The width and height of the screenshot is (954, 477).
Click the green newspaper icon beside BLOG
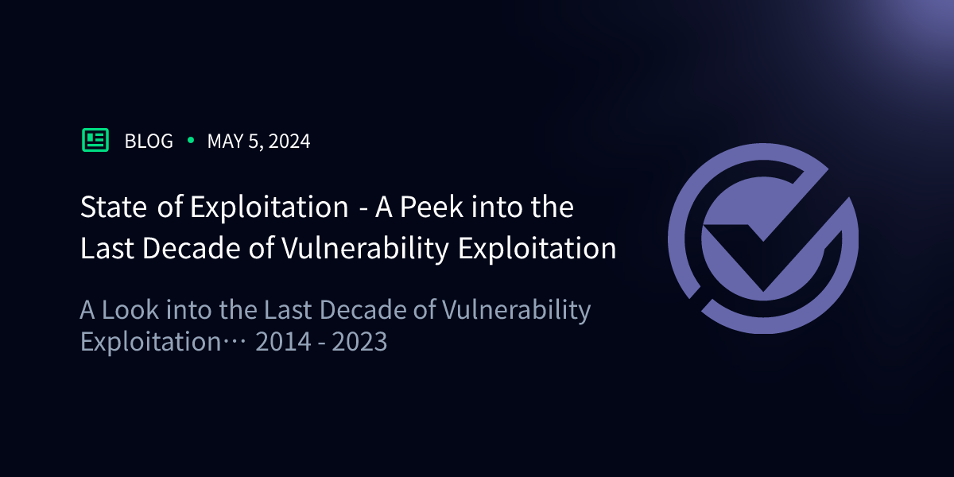coord(95,141)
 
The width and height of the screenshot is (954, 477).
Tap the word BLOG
coord(149,142)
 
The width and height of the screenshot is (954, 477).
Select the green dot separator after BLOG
coord(190,141)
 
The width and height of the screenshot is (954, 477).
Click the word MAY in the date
coord(223,142)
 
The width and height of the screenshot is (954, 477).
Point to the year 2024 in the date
coord(289,142)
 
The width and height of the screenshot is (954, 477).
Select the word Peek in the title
coord(430,207)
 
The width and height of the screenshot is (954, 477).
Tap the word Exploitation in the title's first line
coord(269,207)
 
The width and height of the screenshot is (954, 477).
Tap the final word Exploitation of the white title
coord(537,249)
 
